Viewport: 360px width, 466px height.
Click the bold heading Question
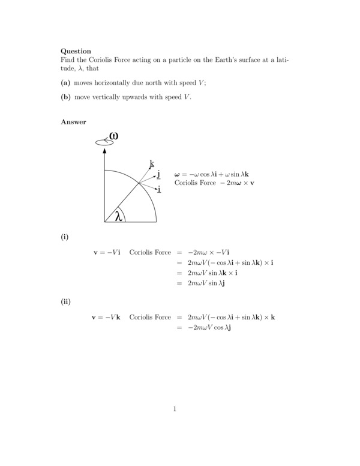pos(76,51)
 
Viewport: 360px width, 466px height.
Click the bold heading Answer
pos(73,123)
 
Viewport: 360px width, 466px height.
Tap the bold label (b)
pos(66,97)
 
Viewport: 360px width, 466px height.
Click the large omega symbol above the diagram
pos(113,136)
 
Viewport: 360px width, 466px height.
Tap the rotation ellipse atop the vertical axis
pos(104,142)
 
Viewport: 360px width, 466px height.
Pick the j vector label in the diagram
pos(158,174)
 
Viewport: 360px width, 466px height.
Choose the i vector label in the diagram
pos(159,189)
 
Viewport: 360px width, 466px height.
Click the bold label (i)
pos(64,237)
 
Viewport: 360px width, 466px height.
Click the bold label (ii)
pos(65,301)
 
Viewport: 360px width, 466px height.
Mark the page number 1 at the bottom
pos(175,410)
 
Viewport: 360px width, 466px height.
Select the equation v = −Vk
pos(106,316)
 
